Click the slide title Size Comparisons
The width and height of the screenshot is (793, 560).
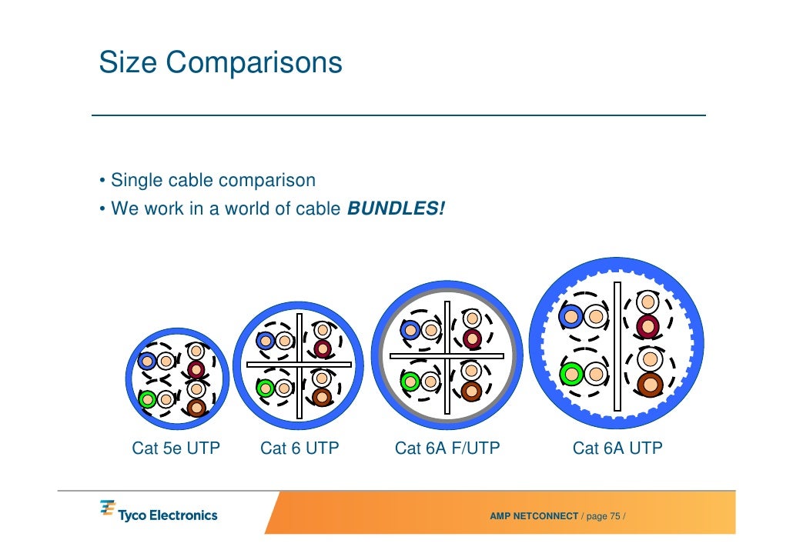[x=220, y=62]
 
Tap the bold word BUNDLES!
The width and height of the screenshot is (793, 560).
[x=396, y=208]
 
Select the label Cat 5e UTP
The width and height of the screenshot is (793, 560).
[x=176, y=448]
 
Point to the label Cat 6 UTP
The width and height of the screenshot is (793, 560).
[x=299, y=448]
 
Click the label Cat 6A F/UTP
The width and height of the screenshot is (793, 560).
[x=447, y=448]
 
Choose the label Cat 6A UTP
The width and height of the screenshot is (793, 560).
[x=617, y=448]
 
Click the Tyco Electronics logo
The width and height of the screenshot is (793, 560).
[x=159, y=512]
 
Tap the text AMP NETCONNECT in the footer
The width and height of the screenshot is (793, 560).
[x=534, y=515]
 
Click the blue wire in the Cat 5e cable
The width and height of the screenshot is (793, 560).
[x=147, y=361]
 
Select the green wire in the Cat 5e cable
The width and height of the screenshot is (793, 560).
[x=146, y=399]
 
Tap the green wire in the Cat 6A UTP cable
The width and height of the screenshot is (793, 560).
[x=570, y=374]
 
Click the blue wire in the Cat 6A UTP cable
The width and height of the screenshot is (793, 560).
[x=571, y=315]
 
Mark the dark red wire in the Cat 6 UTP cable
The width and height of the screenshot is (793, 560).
[x=323, y=348]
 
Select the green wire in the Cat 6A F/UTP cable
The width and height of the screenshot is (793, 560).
[x=410, y=381]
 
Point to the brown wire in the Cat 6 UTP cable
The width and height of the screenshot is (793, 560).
[x=323, y=397]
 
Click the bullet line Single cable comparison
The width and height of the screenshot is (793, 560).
[x=212, y=181]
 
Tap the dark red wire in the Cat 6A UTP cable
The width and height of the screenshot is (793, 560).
[x=648, y=325]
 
